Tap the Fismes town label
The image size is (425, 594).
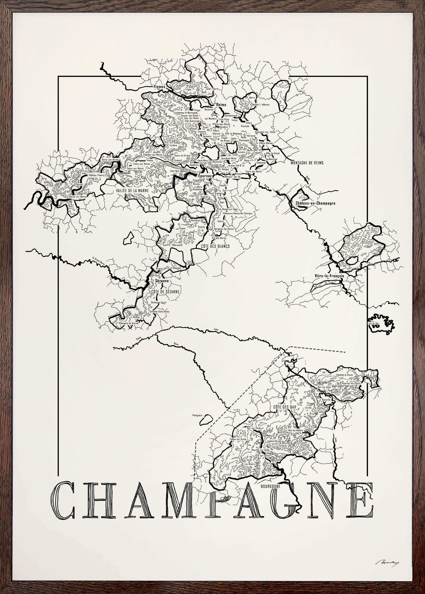[158, 87]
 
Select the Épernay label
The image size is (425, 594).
[201, 173]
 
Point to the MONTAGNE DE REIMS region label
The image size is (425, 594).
[308, 163]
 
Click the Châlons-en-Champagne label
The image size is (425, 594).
[315, 203]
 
